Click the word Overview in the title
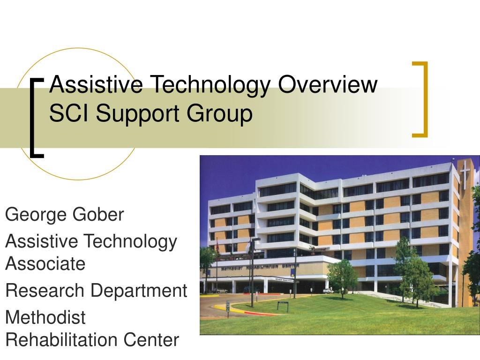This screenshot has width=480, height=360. click(328, 85)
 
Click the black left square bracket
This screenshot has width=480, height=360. click(36, 118)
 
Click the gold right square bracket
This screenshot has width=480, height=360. click(421, 99)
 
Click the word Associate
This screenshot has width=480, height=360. click(45, 263)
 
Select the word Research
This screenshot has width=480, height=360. click(45, 291)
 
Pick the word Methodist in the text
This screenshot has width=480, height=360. click(45, 317)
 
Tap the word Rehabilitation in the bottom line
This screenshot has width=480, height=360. click(62, 339)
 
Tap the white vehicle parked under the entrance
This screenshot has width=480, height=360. click(328, 291)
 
